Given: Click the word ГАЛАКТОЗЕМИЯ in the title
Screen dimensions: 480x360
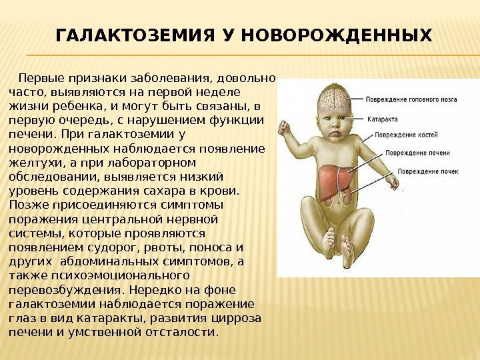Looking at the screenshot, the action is point(135,35).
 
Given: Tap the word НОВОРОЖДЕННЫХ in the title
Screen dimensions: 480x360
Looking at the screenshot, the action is point(337,35).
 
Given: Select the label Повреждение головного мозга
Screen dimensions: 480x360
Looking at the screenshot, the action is point(411,99).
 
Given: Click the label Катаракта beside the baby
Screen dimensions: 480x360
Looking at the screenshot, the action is point(383,119).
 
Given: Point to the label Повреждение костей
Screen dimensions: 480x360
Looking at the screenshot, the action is point(406,135).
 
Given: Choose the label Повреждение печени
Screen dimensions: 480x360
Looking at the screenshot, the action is point(417,153).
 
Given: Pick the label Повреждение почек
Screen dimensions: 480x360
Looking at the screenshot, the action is point(428,171).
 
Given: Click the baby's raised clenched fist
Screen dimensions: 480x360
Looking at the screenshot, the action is point(284,127).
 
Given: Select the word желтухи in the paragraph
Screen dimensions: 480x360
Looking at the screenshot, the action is point(35,163).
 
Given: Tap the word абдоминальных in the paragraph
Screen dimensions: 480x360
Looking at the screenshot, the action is point(109,262).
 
